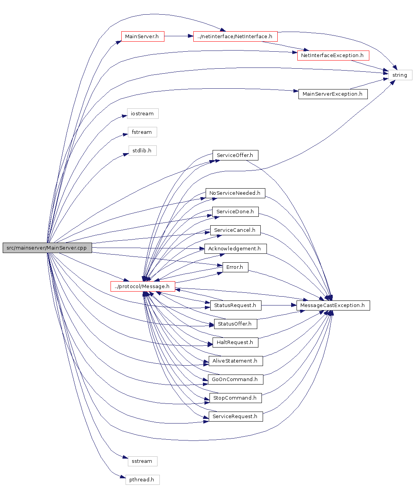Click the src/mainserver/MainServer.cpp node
click(47, 248)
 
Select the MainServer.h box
click(142, 37)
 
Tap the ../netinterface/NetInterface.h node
click(235, 37)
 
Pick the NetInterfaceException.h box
click(333, 56)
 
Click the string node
click(400, 75)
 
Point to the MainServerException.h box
click(333, 94)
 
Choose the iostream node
click(142, 114)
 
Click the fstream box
click(142, 132)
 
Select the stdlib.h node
click(142, 151)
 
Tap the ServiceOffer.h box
click(235, 155)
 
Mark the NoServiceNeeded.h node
click(235, 193)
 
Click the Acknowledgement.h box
click(235, 249)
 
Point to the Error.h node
click(235, 267)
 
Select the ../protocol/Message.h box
click(142, 287)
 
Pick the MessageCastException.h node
click(333, 305)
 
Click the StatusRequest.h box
click(235, 305)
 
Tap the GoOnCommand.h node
click(235, 380)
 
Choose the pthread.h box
click(142, 480)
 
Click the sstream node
click(142, 461)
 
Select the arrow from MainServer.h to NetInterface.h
click(178, 37)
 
